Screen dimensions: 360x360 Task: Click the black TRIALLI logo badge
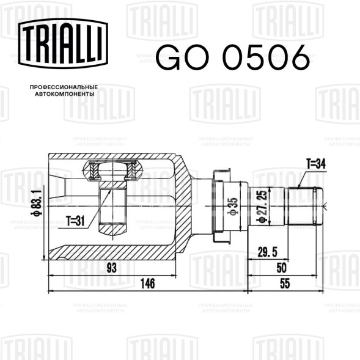click(x=63, y=43)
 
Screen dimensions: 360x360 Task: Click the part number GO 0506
click(x=233, y=57)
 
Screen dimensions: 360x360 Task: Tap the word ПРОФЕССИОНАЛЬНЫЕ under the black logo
click(x=64, y=87)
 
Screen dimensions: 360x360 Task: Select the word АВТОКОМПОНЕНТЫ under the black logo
click(x=65, y=94)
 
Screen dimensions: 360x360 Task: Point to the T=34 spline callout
click(x=316, y=164)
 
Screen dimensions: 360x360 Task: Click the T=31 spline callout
click(x=75, y=221)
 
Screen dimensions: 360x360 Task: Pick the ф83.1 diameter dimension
click(x=37, y=203)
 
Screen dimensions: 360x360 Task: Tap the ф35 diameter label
click(x=233, y=207)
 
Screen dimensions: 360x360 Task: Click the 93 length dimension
click(x=112, y=268)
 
